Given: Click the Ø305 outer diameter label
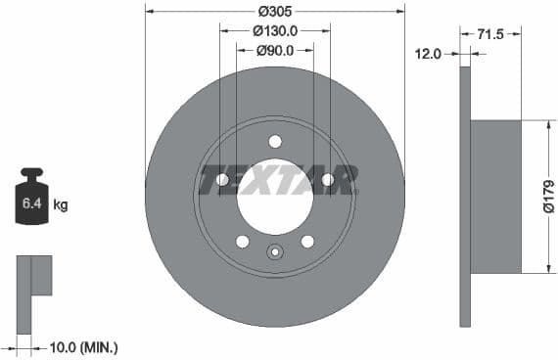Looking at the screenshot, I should pyautogui.click(x=275, y=13).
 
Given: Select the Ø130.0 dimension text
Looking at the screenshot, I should pyautogui.click(x=275, y=31).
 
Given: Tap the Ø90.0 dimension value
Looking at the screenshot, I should pyautogui.click(x=275, y=50).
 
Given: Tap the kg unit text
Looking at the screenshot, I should pyautogui.click(x=60, y=204).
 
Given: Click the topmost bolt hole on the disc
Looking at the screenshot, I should pyautogui.click(x=275, y=141).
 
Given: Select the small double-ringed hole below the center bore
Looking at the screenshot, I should pyautogui.click(x=275, y=252).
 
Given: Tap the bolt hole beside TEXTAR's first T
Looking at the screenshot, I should pyautogui.click(x=222, y=180).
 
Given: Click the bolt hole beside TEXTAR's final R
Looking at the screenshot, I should pyautogui.click(x=328, y=180).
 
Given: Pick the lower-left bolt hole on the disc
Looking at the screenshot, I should pyautogui.click(x=243, y=242).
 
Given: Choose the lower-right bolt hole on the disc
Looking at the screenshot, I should pyautogui.click(x=307, y=242).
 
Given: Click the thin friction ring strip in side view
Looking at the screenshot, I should pyautogui.click(x=465, y=196).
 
